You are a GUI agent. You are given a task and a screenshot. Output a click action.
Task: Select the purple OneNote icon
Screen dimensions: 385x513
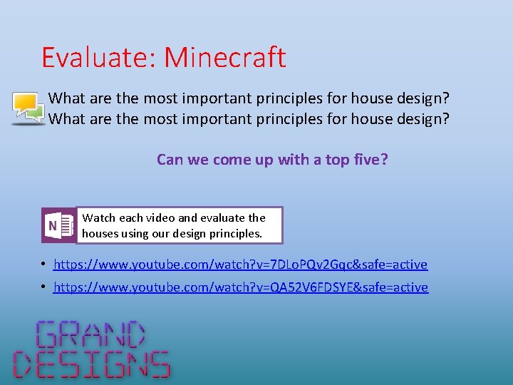[58, 226]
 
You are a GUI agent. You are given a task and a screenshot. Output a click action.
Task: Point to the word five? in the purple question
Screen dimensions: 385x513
[370, 159]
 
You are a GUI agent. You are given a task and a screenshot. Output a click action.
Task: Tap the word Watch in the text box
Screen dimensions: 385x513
[98, 218]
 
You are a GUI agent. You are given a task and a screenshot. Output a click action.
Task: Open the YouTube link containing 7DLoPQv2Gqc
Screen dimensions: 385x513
[240, 265]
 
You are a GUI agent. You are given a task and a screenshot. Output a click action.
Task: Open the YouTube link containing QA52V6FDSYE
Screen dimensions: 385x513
[241, 287]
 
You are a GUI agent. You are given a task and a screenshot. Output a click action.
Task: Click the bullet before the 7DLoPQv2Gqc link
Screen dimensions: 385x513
[43, 265]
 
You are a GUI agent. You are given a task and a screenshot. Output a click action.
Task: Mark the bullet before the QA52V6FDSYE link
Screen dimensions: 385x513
[43, 287]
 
